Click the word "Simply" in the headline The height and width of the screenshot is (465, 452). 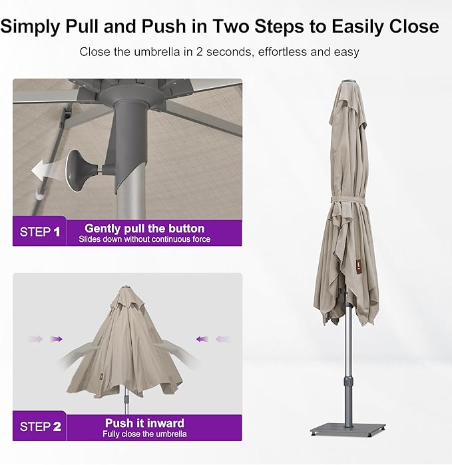click(x=30, y=27)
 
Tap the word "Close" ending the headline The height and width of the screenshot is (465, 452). click(x=414, y=27)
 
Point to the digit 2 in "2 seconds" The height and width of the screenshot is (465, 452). click(x=200, y=51)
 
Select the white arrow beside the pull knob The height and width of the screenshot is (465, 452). click(x=47, y=170)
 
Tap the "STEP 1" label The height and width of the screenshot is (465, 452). click(x=40, y=232)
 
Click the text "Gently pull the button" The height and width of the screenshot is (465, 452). click(x=144, y=229)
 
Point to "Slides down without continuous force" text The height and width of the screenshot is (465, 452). click(x=144, y=239)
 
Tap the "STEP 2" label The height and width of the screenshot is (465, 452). click(x=41, y=427)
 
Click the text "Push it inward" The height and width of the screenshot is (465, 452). click(x=144, y=423)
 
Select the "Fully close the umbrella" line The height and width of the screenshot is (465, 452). click(x=144, y=434)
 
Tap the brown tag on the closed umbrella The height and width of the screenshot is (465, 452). click(x=357, y=262)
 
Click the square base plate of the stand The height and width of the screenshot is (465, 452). click(x=348, y=429)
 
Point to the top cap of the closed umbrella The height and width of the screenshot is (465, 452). click(x=349, y=81)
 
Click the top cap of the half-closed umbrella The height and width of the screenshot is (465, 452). click(x=126, y=287)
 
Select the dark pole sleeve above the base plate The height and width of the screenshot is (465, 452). click(x=348, y=402)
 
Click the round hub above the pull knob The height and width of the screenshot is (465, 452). click(x=132, y=95)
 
